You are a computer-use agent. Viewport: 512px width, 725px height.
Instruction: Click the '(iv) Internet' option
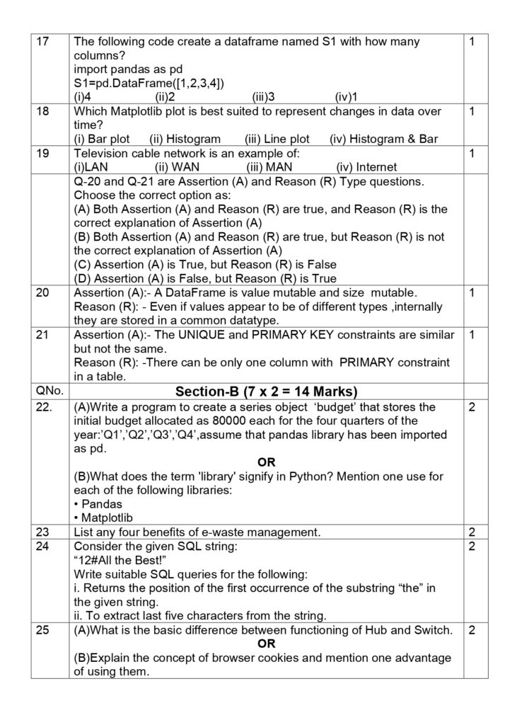click(366, 167)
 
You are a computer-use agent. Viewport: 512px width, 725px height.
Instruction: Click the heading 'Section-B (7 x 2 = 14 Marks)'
click(266, 392)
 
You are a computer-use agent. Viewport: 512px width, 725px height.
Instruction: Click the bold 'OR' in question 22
click(266, 462)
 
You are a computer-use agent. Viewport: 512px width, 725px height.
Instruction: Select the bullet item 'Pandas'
click(98, 504)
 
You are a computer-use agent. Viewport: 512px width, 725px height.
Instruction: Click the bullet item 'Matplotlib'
click(105, 518)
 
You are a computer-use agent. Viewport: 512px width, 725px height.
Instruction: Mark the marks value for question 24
click(472, 546)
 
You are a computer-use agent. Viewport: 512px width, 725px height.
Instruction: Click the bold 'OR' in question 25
click(266, 644)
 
